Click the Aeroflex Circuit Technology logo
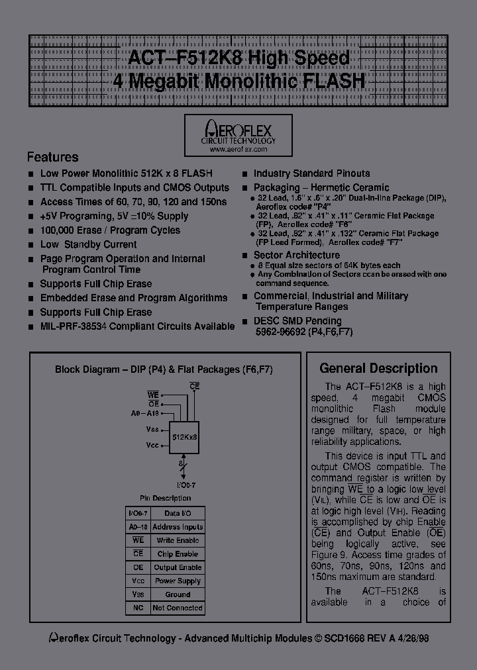pos(238,131)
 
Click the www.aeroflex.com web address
pos(238,150)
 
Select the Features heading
pos(52,158)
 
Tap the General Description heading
pos(378,369)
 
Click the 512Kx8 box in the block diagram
pos(184,438)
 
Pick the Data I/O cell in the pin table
pos(178,513)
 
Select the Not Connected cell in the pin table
pos(178,608)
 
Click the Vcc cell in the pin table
pos(138,581)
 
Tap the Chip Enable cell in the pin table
pos(178,553)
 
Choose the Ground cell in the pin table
pos(178,595)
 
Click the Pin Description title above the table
pos(165,498)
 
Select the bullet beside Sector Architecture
pos(246,256)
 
